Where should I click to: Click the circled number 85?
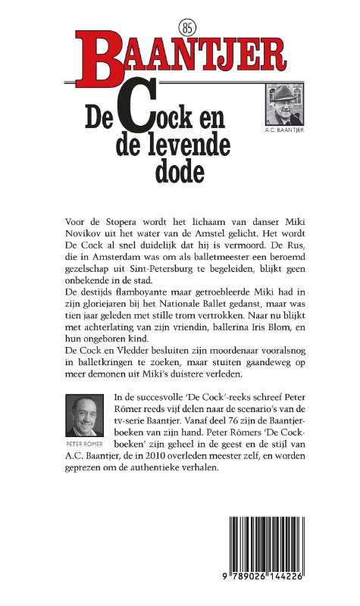point(189,27)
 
